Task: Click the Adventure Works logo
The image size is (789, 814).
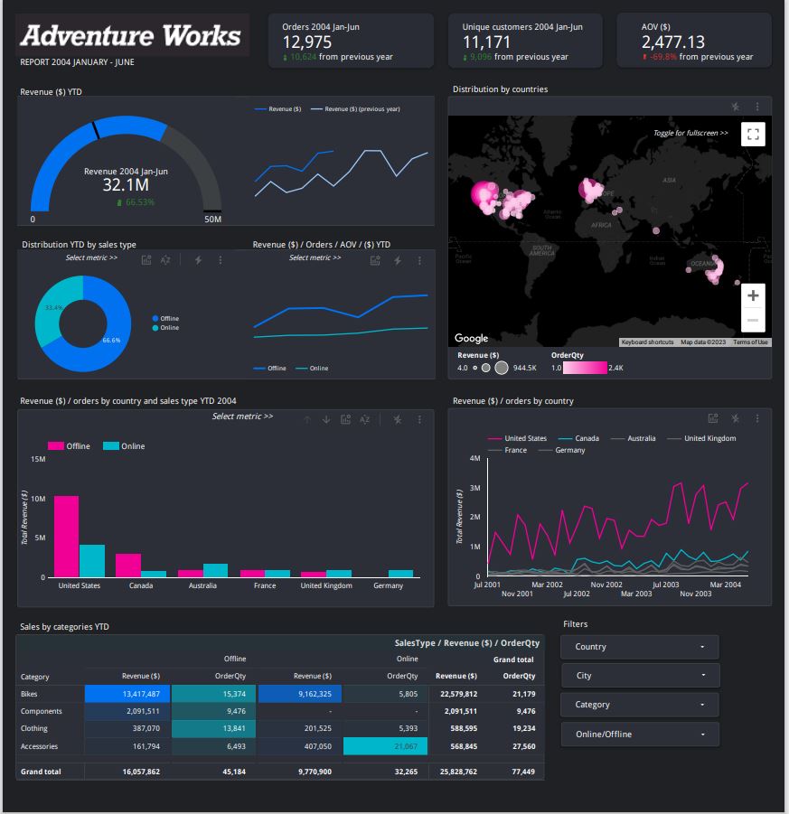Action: coord(131,36)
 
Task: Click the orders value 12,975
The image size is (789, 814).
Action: coord(306,42)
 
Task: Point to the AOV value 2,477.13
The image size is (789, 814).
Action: coord(672,42)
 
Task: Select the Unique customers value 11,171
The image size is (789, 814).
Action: coord(486,42)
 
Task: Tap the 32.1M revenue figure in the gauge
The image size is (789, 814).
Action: coord(126,185)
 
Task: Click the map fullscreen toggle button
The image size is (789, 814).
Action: coord(752,134)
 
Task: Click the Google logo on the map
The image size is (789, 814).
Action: coord(471,338)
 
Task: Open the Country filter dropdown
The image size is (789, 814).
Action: coord(639,647)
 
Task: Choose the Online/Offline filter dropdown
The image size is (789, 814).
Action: coord(639,734)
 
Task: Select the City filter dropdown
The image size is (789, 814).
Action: coord(639,676)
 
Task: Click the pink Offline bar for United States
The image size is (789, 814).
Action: coord(66,536)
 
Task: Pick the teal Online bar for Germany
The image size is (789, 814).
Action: coord(400,573)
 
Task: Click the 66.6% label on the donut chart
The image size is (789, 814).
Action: coord(111,341)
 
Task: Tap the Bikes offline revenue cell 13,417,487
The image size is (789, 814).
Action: coord(126,694)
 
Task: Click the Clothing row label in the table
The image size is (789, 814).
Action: coord(34,728)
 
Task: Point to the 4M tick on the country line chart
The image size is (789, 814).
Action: coord(474,458)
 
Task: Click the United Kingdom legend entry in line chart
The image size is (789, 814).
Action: coord(709,438)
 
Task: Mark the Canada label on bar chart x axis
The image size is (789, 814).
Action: coord(140,585)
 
